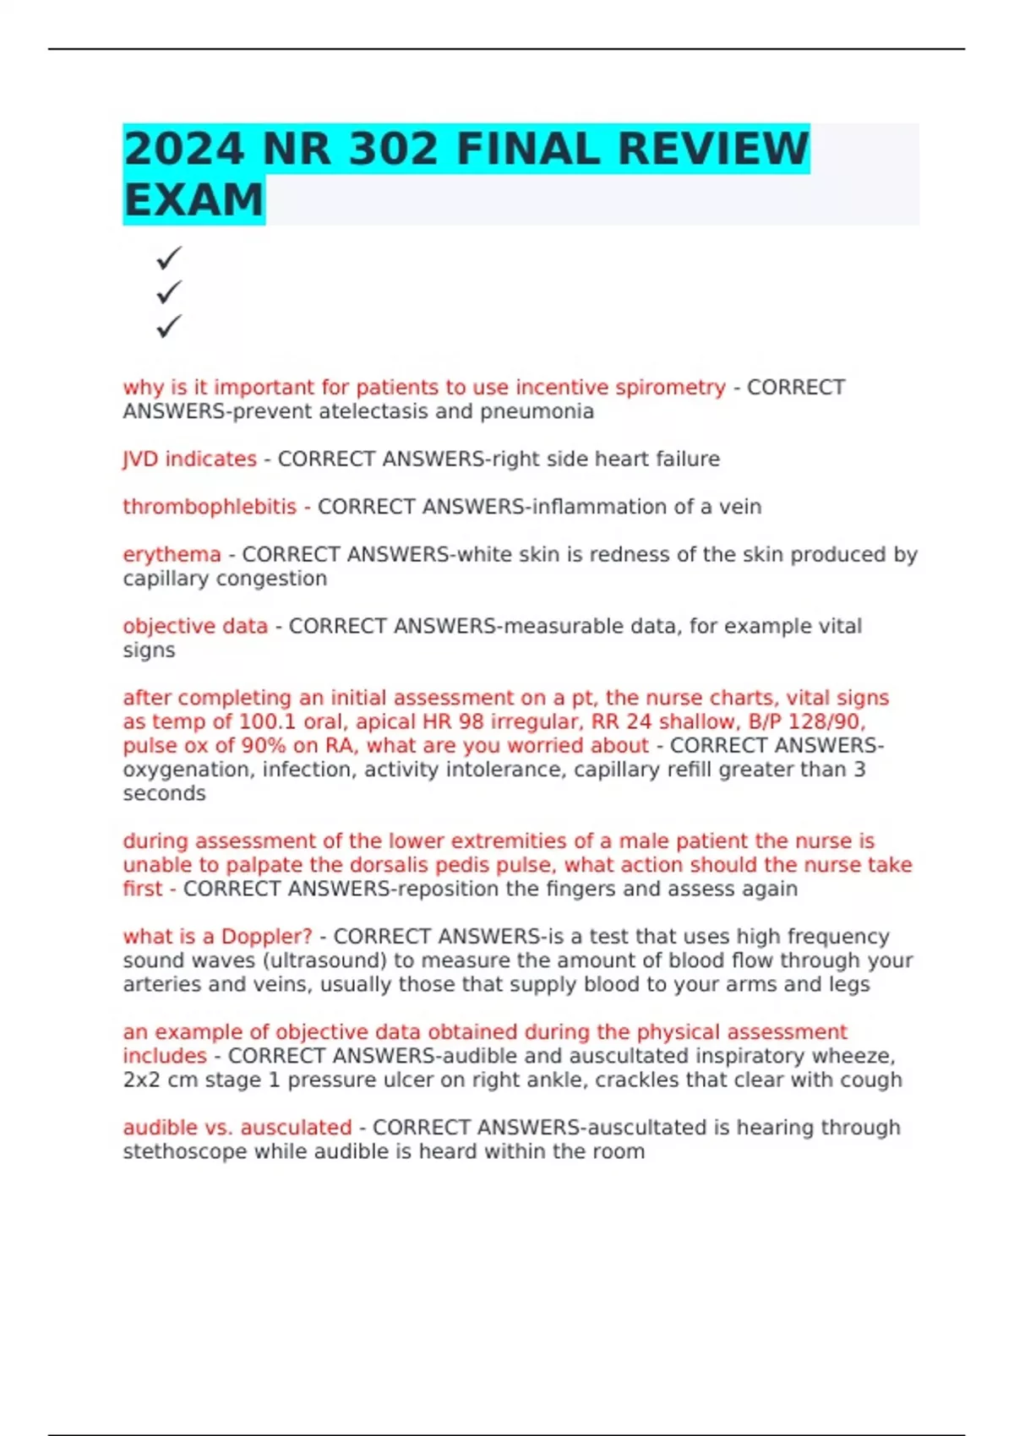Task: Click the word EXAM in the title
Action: click(194, 200)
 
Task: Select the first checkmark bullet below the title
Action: click(169, 258)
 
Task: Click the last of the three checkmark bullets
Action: click(169, 326)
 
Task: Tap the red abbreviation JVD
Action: click(140, 459)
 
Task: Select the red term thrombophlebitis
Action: click(210, 507)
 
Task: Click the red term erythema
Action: click(172, 554)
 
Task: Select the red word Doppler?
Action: click(266, 937)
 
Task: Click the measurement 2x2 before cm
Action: click(141, 1080)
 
